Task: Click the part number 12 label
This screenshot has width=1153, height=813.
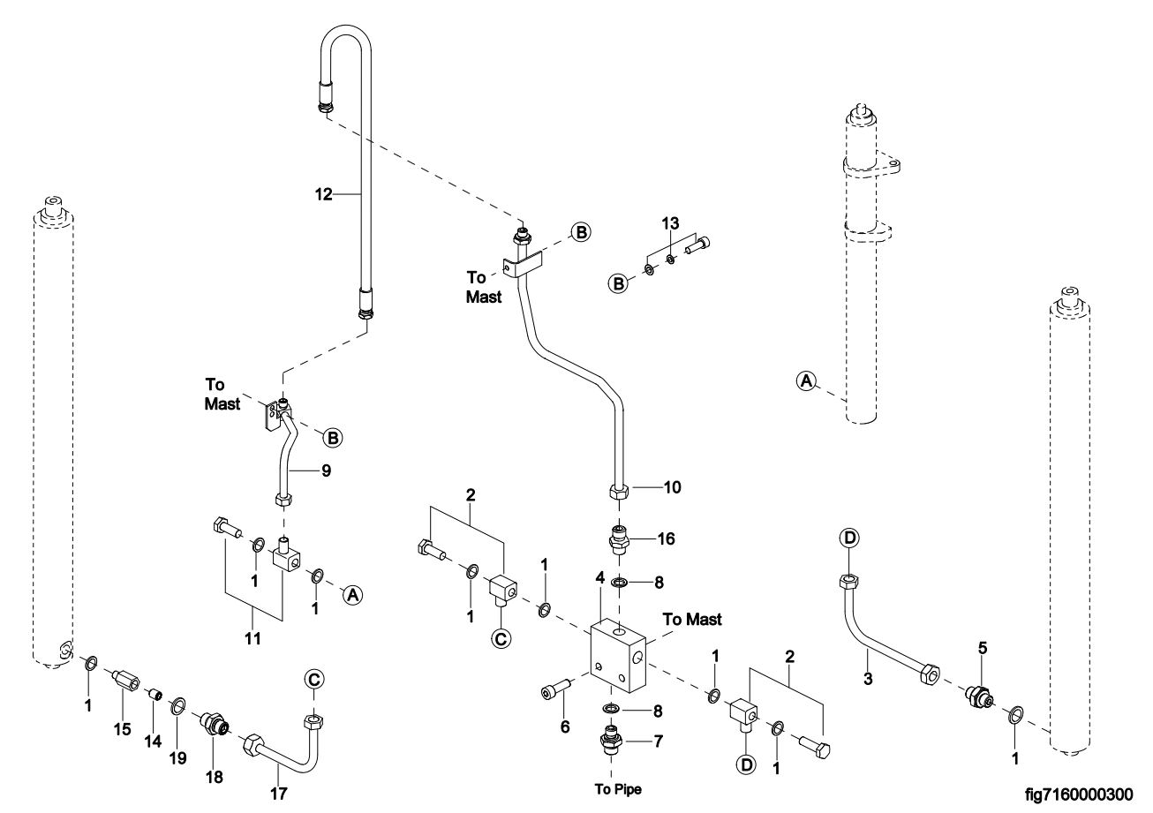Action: [x=323, y=194]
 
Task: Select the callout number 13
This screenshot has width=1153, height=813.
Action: [x=670, y=223]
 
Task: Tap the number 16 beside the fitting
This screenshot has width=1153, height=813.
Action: [x=666, y=538]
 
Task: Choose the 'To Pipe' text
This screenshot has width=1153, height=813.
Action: [x=618, y=789]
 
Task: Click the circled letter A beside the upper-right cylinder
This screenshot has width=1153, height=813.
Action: [x=806, y=380]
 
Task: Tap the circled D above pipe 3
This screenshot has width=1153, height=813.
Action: [x=849, y=538]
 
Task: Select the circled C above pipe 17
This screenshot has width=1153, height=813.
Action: [x=314, y=679]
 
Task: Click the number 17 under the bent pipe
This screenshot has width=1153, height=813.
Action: [x=278, y=794]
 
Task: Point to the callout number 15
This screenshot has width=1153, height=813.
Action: [x=123, y=729]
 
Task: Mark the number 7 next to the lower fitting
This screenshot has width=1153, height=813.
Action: [x=659, y=741]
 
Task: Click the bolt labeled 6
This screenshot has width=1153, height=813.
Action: [x=556, y=692]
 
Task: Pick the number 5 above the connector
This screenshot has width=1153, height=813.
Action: [x=983, y=648]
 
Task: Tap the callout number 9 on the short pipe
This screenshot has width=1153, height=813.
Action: [x=327, y=470]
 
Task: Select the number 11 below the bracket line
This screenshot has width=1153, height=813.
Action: [x=252, y=638]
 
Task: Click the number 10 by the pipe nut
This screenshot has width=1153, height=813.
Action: [x=672, y=487]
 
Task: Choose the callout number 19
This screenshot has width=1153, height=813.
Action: [x=178, y=758]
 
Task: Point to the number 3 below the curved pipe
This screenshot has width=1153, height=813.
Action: [x=868, y=679]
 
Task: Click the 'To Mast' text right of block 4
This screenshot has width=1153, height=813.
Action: [x=692, y=619]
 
